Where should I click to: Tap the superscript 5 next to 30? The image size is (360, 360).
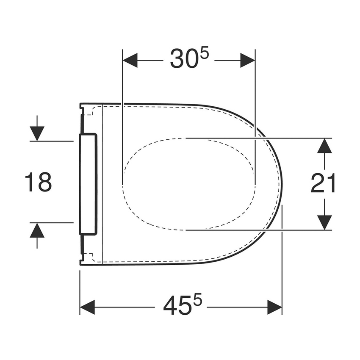tap(205, 53)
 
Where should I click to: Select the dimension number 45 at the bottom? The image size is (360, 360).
tap(177, 305)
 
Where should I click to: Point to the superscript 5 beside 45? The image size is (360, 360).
tap(198, 299)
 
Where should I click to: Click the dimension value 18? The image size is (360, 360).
tap(38, 182)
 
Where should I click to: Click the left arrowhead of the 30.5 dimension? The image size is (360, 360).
tap(130, 61)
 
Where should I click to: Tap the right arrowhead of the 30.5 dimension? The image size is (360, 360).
tap(247, 61)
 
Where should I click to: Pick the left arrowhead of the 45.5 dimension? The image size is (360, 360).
tap(87, 307)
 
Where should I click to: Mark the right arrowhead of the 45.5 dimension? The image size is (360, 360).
tap(274, 307)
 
